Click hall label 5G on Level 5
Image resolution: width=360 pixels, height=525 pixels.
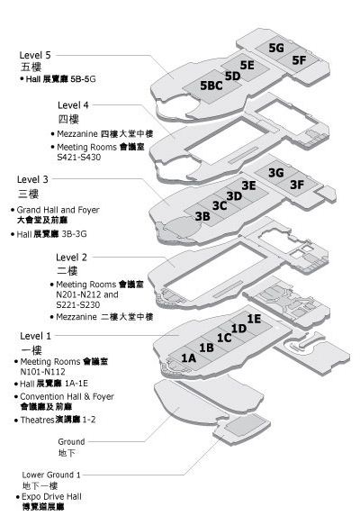[276, 48]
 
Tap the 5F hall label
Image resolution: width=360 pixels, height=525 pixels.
[299, 60]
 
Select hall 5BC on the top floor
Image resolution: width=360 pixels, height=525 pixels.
[211, 86]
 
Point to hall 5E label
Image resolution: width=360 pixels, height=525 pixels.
[247, 65]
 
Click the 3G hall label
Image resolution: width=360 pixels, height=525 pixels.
[276, 173]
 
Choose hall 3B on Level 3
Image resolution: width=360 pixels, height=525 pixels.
[202, 216]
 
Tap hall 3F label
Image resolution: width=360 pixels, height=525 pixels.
[297, 185]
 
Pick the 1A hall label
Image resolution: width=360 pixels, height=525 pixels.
[189, 358]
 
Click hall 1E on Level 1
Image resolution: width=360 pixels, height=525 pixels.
[254, 319]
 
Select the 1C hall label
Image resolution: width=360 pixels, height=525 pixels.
[224, 339]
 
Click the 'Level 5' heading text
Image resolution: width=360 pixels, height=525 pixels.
[35, 55]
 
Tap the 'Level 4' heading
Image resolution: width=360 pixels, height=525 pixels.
[73, 105]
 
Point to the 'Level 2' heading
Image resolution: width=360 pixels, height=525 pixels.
[71, 258]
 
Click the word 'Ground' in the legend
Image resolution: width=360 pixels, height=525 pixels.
[71, 442]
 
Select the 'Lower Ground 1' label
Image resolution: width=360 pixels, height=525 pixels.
[51, 475]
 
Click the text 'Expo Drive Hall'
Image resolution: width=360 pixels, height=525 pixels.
[51, 496]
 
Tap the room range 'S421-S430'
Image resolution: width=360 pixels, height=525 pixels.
[78, 157]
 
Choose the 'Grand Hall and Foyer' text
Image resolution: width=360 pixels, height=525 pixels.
[58, 210]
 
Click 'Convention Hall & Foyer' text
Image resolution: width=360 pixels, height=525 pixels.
[67, 396]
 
